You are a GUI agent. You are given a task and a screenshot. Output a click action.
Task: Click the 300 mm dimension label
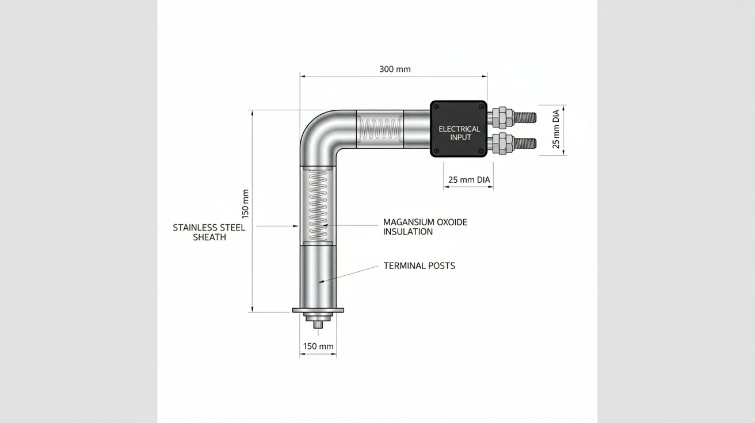[x=395, y=70]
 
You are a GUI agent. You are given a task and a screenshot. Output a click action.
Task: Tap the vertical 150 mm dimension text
[x=245, y=204]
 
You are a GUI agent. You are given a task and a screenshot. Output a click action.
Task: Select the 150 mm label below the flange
[x=318, y=347]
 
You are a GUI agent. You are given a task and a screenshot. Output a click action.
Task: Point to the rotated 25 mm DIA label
[x=556, y=129]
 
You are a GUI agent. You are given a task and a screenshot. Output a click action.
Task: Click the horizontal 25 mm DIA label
[x=469, y=180]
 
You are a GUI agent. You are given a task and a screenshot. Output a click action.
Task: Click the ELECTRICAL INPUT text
[x=459, y=133]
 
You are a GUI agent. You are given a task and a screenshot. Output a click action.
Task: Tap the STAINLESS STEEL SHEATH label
[x=209, y=232]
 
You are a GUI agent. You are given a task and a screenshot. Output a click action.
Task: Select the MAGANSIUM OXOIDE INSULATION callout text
[x=425, y=227]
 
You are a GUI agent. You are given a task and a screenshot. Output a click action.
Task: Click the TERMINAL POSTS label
[x=420, y=266]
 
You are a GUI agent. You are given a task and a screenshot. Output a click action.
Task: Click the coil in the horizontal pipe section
[x=380, y=129]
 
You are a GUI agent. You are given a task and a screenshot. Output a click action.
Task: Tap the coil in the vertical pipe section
[x=318, y=206]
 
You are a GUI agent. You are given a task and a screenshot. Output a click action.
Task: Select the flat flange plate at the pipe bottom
[x=318, y=310]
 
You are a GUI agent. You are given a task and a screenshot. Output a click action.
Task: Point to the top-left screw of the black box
[x=436, y=106]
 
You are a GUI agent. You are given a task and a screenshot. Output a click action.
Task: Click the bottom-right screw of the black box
[x=481, y=151]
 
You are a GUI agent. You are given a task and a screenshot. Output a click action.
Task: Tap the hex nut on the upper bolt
[x=502, y=117]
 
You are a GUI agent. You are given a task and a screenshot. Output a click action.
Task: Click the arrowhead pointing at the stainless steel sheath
[x=296, y=226]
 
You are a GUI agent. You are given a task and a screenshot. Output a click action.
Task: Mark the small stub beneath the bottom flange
[x=318, y=324]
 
